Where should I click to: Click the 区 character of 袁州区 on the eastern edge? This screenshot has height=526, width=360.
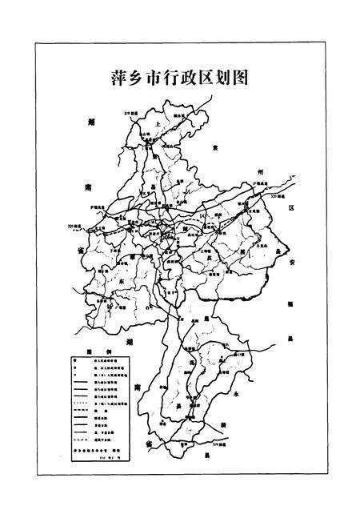tap(291, 207)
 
